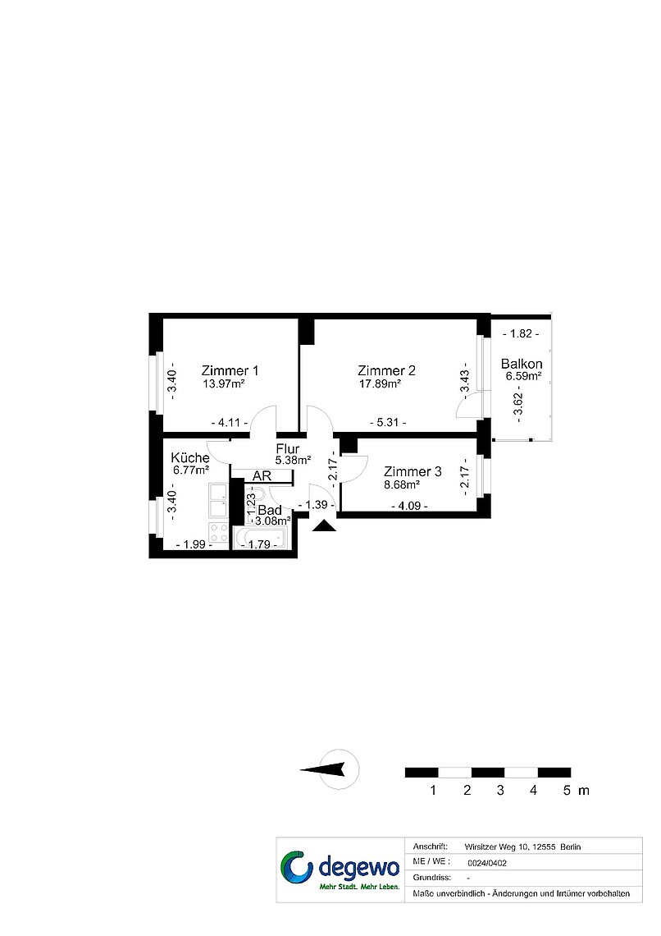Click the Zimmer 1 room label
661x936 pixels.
230,370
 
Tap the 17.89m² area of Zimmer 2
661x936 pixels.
380,384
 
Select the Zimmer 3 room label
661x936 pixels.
413,471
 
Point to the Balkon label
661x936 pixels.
522,364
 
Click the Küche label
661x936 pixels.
190,458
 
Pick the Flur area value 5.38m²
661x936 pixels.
294,461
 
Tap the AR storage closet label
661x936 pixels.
262,475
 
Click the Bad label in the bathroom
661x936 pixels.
270,511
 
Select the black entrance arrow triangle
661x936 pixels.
324,525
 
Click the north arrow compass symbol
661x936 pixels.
338,770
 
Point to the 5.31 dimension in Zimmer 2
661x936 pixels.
388,423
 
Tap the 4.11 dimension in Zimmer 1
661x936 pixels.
230,423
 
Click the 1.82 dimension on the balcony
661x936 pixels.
521,333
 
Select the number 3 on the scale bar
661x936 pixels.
500,791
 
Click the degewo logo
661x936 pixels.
340,869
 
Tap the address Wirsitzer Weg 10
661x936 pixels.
497,847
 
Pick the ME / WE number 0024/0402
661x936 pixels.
487,863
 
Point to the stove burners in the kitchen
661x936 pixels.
219,533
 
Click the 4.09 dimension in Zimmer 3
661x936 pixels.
409,507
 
